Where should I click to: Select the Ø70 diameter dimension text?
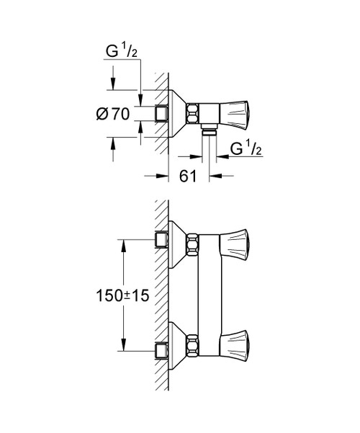pyautogui.click(x=113, y=113)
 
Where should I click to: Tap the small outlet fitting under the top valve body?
pyautogui.click(x=209, y=132)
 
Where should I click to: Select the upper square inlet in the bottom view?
pyautogui.click(x=162, y=240)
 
